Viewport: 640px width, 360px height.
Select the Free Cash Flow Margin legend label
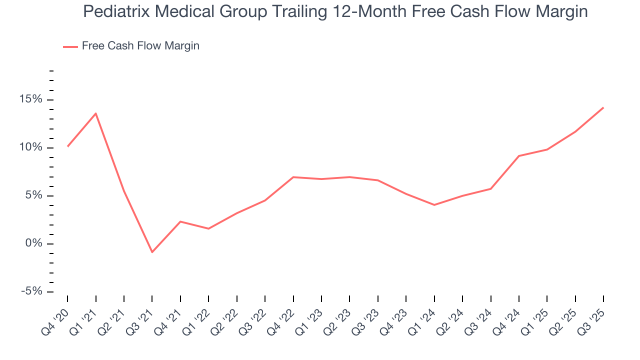(x=140, y=46)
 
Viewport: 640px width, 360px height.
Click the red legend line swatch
(x=70, y=46)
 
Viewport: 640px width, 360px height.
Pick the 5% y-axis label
(x=35, y=195)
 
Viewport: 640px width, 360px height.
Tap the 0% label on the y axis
(x=35, y=243)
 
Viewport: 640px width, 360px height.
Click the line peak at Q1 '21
(x=95, y=113)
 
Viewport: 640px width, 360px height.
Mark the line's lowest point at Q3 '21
(x=152, y=252)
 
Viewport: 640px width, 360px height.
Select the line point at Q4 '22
(x=293, y=177)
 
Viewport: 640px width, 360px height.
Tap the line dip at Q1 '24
(x=434, y=205)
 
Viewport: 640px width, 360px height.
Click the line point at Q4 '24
(x=519, y=156)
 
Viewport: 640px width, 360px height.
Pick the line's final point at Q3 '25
(x=603, y=107)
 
